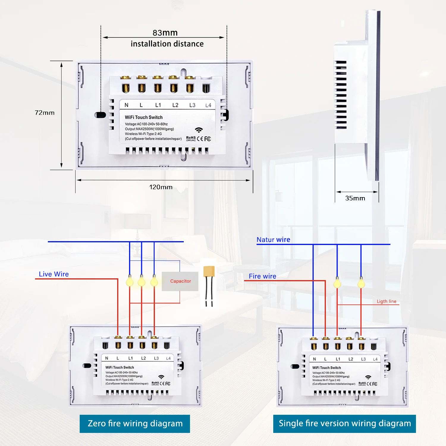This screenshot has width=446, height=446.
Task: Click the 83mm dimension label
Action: click(165, 33)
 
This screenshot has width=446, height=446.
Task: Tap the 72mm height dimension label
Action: click(45, 113)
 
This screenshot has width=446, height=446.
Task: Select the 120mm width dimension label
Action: click(161, 187)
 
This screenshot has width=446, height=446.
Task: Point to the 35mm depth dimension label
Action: click(355, 198)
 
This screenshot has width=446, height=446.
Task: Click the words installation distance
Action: click(167, 44)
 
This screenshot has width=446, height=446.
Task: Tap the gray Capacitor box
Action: click(180, 281)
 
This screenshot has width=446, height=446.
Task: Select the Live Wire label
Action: click(54, 274)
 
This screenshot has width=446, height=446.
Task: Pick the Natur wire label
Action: click(273, 240)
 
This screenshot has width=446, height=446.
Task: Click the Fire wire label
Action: click(262, 276)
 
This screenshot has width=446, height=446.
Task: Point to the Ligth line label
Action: click(386, 301)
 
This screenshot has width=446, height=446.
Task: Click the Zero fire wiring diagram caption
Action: click(135, 423)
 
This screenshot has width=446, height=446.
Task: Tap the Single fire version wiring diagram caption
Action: click(345, 423)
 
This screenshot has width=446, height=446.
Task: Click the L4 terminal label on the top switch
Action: click(208, 105)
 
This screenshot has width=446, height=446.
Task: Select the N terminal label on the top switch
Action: click(126, 105)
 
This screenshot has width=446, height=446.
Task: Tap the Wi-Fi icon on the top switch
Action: click(199, 130)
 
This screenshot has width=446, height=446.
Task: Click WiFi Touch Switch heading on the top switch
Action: click(144, 117)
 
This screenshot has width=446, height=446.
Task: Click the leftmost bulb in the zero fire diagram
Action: click(130, 281)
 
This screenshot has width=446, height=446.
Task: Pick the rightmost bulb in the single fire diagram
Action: click(361, 283)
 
